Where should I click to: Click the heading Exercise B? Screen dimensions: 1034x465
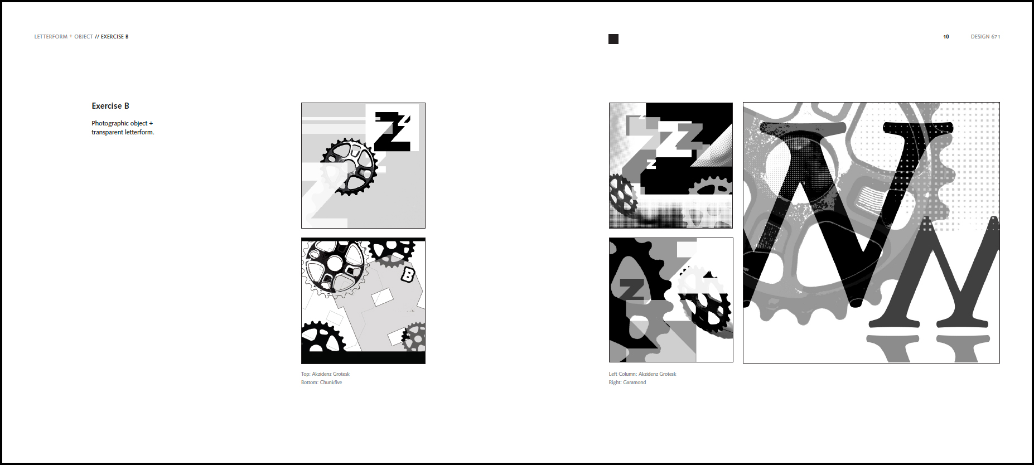[110, 106]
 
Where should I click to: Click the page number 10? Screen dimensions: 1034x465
[946, 37]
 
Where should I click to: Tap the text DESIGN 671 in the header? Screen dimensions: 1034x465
[985, 37]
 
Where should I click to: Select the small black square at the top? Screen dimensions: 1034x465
[613, 39]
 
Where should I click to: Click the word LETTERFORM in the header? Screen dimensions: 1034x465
[51, 37]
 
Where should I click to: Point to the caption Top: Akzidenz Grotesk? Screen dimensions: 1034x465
[325, 374]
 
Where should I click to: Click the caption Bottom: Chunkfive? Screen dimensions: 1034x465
[321, 382]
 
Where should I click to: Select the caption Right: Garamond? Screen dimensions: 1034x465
[627, 382]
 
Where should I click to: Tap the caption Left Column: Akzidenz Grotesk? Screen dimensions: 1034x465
[642, 374]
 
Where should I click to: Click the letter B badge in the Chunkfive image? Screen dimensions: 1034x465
[408, 274]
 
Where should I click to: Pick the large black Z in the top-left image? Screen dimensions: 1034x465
[394, 132]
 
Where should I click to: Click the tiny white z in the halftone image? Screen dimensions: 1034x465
[651, 164]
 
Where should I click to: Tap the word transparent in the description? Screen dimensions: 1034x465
[107, 132]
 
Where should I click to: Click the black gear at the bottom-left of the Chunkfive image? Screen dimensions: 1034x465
[322, 337]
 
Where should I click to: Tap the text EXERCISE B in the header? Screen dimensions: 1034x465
[114, 37]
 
